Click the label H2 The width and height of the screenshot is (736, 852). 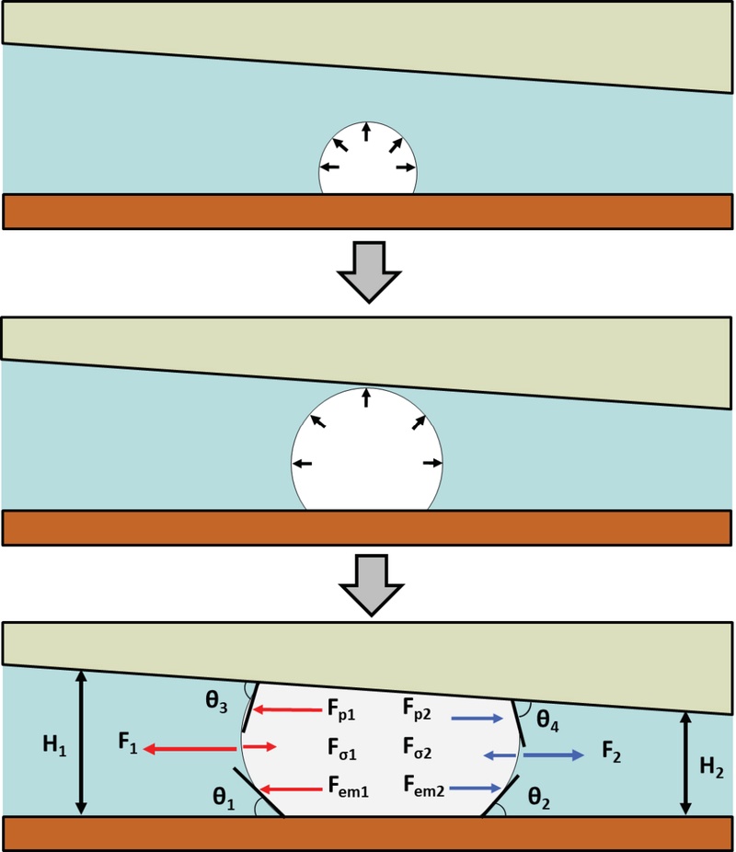point(710,765)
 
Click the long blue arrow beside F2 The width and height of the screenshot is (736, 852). point(553,755)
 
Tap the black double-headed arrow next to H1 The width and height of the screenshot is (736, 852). point(82,742)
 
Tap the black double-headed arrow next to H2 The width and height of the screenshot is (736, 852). point(684,763)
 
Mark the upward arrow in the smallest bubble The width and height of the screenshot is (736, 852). point(366,132)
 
